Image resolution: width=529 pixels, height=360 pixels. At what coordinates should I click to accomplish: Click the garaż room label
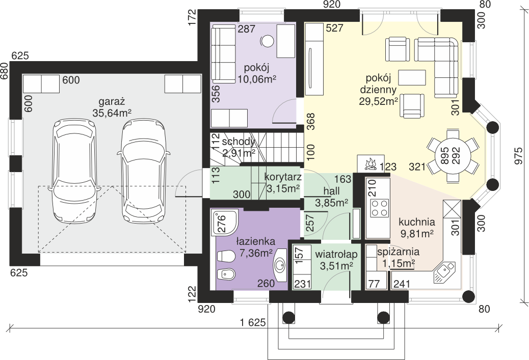tap(112, 101)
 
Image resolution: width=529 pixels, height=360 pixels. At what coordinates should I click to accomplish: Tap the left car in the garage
tap(74, 171)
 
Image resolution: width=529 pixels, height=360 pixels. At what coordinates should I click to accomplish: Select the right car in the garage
tap(144, 171)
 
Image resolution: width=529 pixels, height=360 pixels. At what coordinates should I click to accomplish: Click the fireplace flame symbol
tap(370, 164)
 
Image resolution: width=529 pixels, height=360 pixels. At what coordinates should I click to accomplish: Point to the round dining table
tap(453, 155)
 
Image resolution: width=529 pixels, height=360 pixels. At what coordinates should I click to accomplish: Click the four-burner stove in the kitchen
tap(380, 208)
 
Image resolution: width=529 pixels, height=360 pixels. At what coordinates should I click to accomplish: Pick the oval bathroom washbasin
tap(279, 265)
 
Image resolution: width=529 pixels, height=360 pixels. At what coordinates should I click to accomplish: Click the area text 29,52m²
tap(378, 101)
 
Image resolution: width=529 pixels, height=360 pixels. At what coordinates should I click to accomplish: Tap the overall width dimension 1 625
tap(253, 323)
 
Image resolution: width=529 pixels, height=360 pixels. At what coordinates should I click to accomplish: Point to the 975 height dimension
tap(518, 156)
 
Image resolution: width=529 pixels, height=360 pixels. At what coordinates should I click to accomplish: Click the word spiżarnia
tap(399, 252)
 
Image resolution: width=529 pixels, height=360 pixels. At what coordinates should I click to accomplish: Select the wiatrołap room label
tap(336, 254)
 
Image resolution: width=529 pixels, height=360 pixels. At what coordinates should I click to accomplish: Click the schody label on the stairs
tap(239, 142)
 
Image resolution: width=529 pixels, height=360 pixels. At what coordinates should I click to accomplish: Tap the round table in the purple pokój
tap(268, 41)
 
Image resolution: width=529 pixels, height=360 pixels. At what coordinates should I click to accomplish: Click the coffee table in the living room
tap(412, 77)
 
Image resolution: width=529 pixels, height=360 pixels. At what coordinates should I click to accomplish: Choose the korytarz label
tap(283, 177)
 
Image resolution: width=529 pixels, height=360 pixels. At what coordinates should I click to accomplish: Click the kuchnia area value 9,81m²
tap(417, 234)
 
